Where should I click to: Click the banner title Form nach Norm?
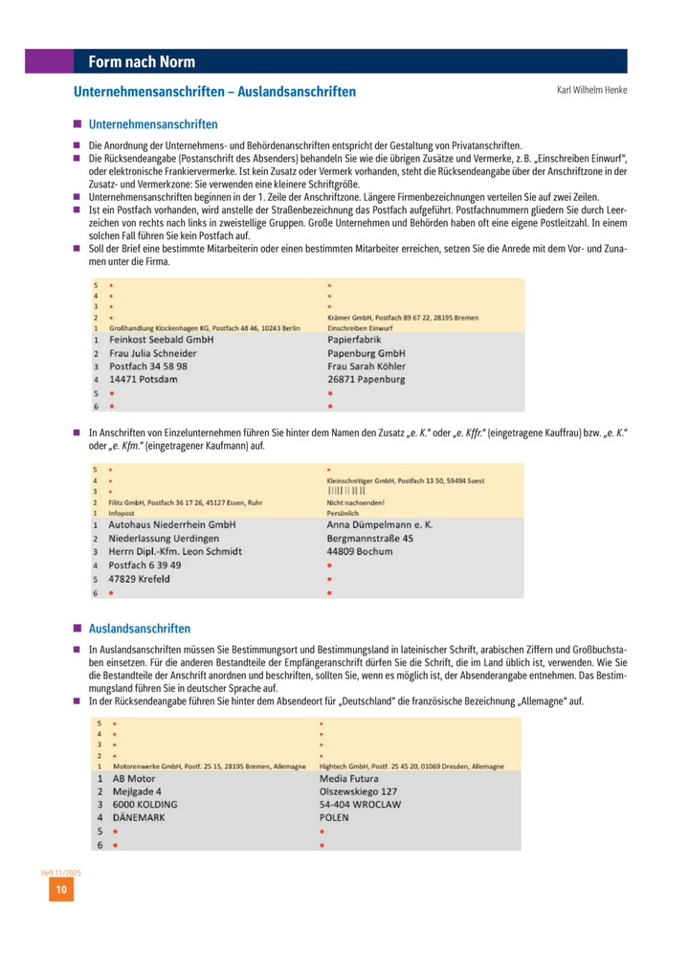coord(142,62)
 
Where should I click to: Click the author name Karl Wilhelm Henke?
coord(591,91)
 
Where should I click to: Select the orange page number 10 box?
coord(60,890)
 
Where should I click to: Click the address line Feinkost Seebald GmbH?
coord(161,340)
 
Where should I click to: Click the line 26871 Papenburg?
coord(367,379)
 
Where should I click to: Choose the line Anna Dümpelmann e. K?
coord(381,524)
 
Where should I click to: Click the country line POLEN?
coord(334,818)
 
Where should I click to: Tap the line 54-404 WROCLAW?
coord(360,805)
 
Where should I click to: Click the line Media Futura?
coord(350,778)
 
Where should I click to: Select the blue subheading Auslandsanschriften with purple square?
coord(140,629)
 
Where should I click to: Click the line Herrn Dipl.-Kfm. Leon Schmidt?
coord(175,551)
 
